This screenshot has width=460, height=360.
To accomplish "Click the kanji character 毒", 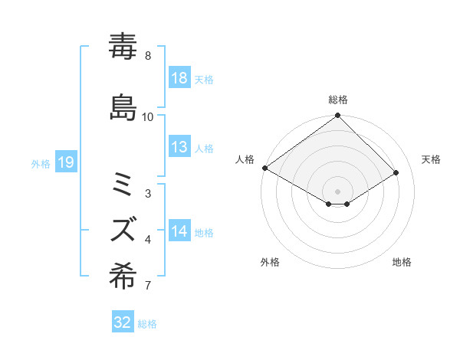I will (x=123, y=47).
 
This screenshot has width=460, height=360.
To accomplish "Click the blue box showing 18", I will (x=179, y=78).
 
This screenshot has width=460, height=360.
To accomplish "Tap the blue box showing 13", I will (x=179, y=148).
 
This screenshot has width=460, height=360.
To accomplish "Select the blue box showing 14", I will (x=179, y=232).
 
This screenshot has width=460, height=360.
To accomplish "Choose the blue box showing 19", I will (x=65, y=162).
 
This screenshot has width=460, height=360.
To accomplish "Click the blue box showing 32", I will (x=123, y=322).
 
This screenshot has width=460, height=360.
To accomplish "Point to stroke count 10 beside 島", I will (x=148, y=116).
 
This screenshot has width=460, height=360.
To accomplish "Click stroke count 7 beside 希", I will (x=148, y=286).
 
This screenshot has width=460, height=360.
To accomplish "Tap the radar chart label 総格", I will (x=338, y=100).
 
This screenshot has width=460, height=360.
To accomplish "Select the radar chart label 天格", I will (x=431, y=159).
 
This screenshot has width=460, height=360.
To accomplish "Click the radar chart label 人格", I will (x=245, y=159).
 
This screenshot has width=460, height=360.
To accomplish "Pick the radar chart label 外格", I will (x=270, y=262).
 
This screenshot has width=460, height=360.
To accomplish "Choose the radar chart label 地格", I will (x=402, y=262).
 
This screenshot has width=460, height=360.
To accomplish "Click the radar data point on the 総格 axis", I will (x=337, y=116).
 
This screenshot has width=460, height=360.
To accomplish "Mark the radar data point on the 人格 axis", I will (x=264, y=168).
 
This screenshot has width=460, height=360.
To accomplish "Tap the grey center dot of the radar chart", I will (x=337, y=191).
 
